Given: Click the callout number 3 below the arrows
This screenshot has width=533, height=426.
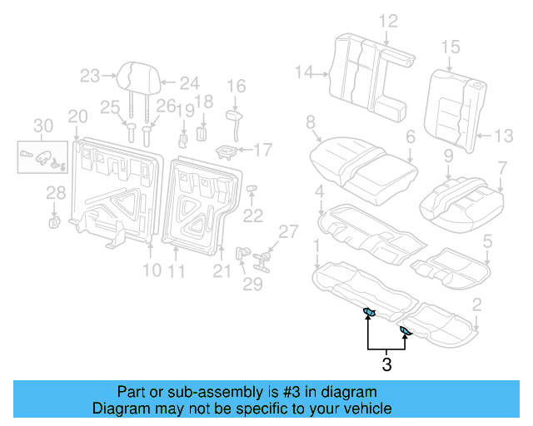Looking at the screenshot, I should click(386, 364).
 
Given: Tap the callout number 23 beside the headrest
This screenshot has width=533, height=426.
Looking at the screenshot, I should click(90, 77).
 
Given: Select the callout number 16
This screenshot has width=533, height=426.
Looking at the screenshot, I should click(237, 86).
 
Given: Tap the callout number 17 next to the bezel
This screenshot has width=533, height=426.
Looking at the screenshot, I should click(262, 151).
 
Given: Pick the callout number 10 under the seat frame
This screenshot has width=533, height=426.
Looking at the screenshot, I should click(151, 270).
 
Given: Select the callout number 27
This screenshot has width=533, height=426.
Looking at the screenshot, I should click(287, 230).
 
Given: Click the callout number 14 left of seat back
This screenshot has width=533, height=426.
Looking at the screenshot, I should click(304, 73).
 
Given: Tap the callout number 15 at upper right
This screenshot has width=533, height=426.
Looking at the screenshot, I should click(450, 47).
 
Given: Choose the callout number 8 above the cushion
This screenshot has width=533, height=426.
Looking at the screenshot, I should click(311, 122).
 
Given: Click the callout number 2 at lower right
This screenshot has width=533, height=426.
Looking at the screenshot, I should click(476, 305).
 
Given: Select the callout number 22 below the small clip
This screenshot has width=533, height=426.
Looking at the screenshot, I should click(252, 215).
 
